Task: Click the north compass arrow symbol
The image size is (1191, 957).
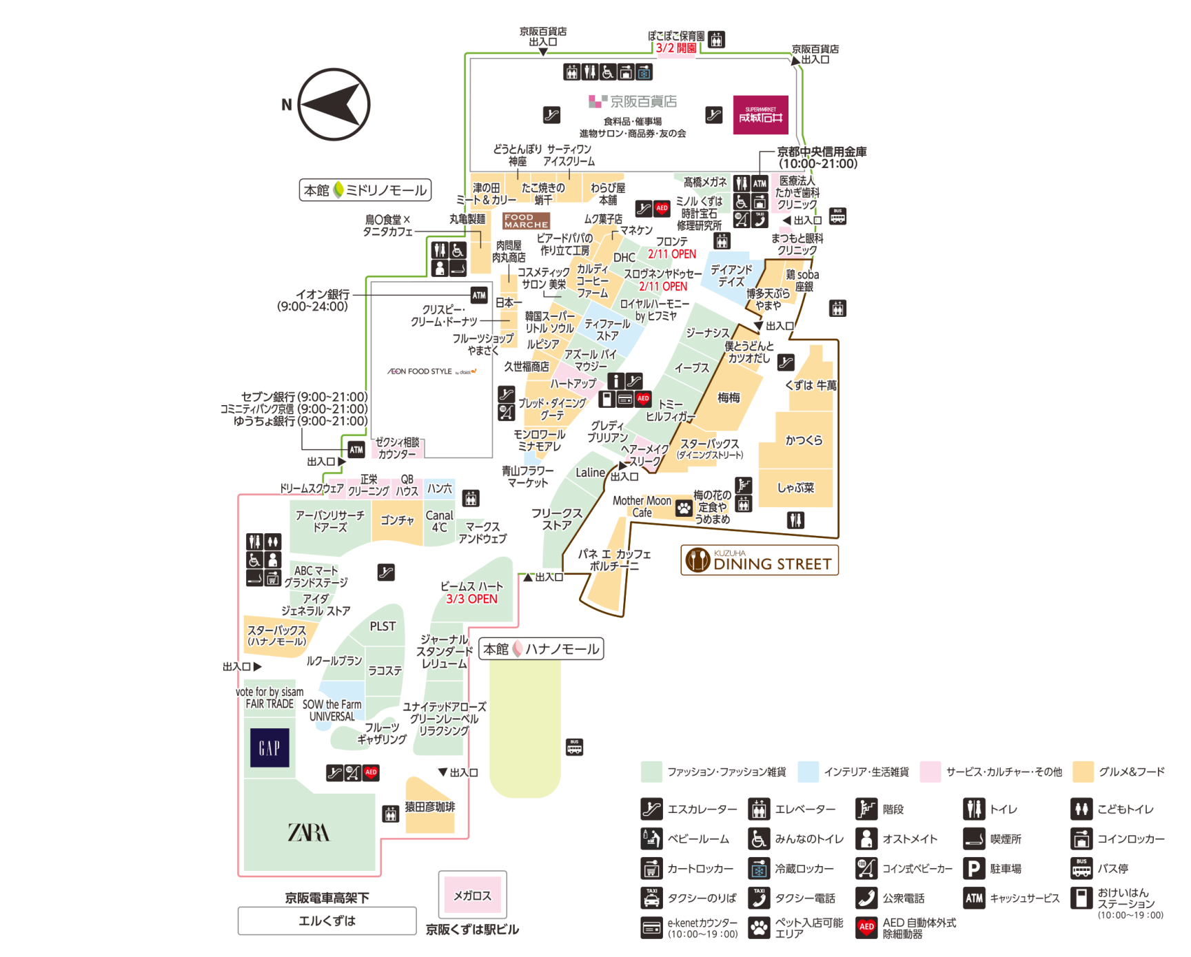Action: (x=334, y=105)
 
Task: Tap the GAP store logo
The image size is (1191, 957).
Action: (x=269, y=748)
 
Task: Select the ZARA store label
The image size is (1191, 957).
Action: (x=308, y=832)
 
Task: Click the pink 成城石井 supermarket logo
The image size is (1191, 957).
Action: (x=760, y=115)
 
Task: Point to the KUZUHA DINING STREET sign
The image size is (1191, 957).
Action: (x=760, y=560)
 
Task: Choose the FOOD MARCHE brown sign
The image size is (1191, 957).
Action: (x=526, y=220)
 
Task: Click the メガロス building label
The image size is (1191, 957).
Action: (x=472, y=895)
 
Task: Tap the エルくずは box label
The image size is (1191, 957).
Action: (x=327, y=920)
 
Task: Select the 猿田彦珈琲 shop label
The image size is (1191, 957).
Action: (x=430, y=807)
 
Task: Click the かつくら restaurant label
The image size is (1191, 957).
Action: (x=804, y=440)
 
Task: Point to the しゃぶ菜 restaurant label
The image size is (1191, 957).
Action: (x=796, y=488)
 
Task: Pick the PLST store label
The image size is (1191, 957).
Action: (x=383, y=626)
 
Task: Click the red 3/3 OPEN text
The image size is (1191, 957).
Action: (x=471, y=599)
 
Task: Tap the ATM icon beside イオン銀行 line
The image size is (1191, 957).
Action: (x=479, y=295)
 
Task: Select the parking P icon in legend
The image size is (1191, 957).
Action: (x=973, y=868)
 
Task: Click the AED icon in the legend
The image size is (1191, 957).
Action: (x=866, y=927)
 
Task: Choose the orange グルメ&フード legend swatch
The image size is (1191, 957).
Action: (x=1083, y=772)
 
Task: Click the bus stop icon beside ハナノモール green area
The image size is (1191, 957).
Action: (x=574, y=747)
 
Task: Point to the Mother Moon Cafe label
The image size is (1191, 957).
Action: (x=642, y=506)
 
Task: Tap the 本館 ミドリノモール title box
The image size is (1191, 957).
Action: (x=365, y=190)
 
